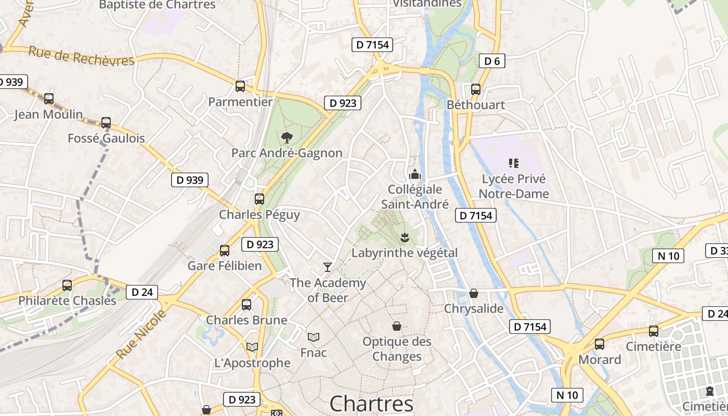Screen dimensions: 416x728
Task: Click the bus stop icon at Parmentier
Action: [x=240, y=86]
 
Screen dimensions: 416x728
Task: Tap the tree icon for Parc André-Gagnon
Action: [x=286, y=138]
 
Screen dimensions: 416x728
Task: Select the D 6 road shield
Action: [x=491, y=61]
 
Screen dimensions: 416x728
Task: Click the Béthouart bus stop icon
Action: [x=475, y=89]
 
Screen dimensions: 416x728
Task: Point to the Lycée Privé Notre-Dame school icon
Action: [x=514, y=163]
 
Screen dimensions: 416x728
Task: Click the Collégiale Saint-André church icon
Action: [x=414, y=174]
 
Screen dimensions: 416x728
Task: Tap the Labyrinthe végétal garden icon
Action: [x=404, y=238]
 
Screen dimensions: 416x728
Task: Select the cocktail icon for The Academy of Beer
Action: [x=327, y=267]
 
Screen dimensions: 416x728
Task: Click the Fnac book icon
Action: [x=313, y=337]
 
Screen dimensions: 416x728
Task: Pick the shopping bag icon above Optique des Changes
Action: [x=397, y=326]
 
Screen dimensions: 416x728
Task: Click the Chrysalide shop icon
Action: [x=473, y=293]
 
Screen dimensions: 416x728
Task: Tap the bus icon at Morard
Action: [x=599, y=344]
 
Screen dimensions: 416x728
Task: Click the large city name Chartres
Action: [x=371, y=404]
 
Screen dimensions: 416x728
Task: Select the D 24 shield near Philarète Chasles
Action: [x=142, y=292]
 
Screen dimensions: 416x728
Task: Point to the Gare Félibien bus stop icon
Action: [x=225, y=251]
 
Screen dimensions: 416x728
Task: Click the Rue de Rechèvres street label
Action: [x=81, y=56]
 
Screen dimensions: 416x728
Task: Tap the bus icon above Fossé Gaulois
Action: [x=106, y=123]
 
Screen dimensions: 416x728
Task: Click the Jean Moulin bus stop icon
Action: [x=48, y=98]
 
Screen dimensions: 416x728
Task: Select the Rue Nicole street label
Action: [x=141, y=334]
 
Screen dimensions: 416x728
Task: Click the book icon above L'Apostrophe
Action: [x=252, y=347]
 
